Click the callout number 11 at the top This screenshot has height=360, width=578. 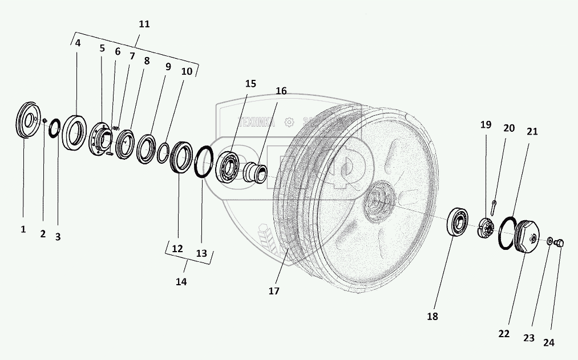pos(144,25)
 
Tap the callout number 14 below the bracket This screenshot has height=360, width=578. pos(181,281)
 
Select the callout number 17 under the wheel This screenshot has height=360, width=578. pos(274,291)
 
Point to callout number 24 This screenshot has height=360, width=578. pos(548,343)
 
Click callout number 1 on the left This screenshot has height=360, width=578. pos(23,229)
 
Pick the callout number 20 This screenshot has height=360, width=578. pos(509,129)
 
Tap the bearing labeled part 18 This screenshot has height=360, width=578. pos(458,223)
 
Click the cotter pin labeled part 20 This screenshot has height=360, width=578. pos(495,201)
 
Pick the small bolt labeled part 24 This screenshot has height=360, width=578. pos(559,244)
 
